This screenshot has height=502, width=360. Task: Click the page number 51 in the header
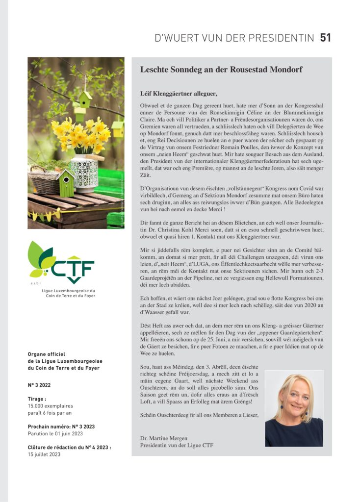[x=326, y=38]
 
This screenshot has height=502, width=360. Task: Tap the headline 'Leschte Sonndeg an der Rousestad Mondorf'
[x=221, y=70]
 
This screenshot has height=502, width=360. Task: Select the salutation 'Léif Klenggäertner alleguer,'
[x=178, y=93]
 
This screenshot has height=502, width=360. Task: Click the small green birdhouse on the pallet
[x=66, y=182]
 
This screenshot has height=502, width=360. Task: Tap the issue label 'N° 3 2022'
[x=39, y=385]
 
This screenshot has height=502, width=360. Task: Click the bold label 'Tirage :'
[x=37, y=399]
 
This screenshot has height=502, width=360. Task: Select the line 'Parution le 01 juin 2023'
[x=55, y=433]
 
